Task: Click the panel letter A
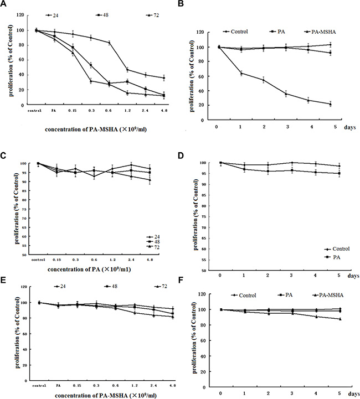pyautogui.click(x=4, y=5)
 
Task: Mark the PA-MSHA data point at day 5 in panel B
pyautogui.click(x=330, y=104)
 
